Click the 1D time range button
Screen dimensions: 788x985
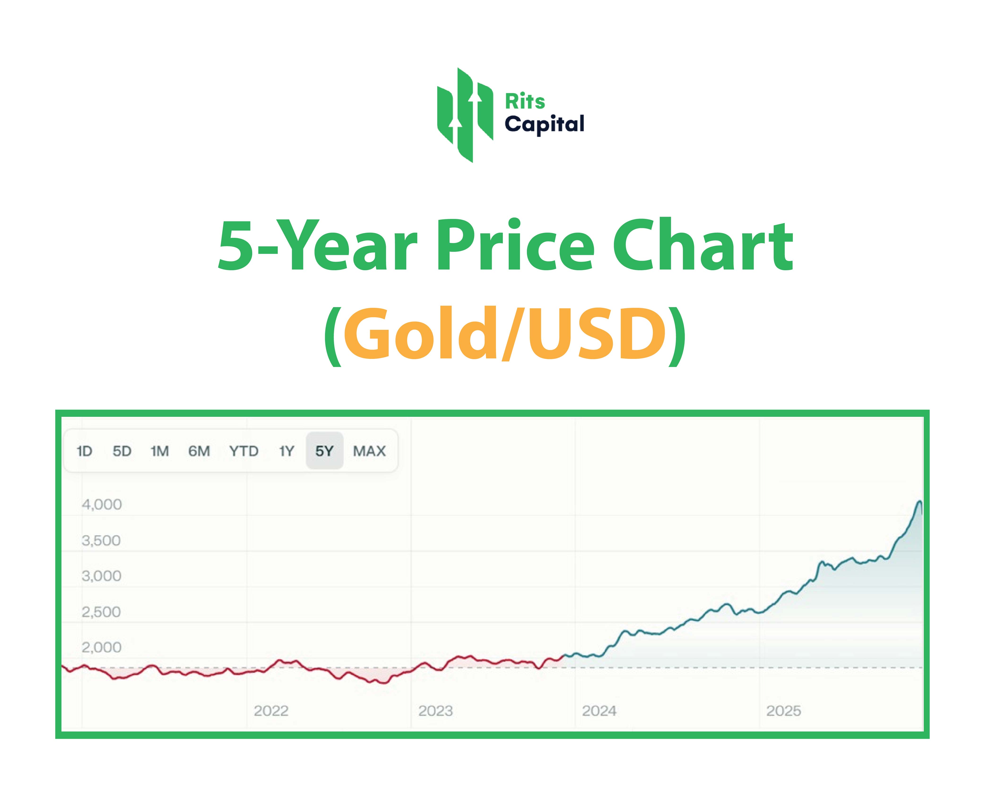click(85, 451)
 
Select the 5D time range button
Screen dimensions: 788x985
click(122, 451)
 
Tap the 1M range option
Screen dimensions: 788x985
click(160, 451)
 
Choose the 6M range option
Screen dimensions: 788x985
click(199, 451)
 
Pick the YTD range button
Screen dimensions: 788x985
click(243, 451)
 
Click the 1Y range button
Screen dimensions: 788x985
click(286, 451)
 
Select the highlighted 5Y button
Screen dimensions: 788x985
click(324, 451)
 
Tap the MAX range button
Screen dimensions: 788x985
click(369, 451)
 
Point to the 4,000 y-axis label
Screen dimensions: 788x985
click(101, 505)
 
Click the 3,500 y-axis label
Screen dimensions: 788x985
click(101, 541)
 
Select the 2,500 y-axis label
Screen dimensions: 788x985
click(101, 612)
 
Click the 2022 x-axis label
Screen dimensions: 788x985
click(271, 711)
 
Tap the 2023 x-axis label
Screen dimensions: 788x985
click(435, 711)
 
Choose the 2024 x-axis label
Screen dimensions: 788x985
click(599, 711)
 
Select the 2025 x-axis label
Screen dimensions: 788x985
click(784, 711)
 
